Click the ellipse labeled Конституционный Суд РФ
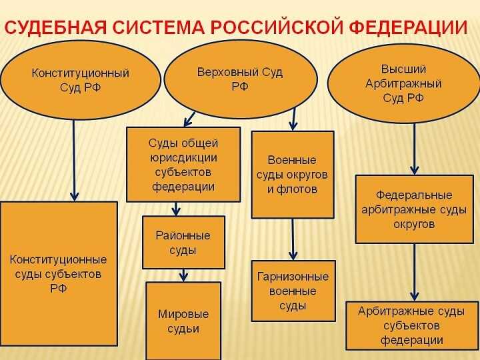point(80,80)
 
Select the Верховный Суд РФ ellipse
point(240,79)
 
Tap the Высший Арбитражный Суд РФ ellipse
point(403,83)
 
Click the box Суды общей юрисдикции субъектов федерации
point(183,165)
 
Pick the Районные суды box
point(183,243)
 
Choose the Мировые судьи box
point(183,321)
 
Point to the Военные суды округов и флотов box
point(292,175)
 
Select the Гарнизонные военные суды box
point(293,291)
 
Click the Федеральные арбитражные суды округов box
point(414,209)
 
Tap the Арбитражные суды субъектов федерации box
point(412,326)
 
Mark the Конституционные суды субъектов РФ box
point(58,273)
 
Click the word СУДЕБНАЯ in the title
point(56,28)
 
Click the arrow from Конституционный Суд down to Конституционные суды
point(74,160)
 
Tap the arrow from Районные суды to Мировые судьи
point(183,275)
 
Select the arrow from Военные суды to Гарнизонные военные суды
point(293,239)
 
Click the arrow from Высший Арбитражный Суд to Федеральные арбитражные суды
point(415,149)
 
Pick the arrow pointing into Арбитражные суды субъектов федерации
point(415,273)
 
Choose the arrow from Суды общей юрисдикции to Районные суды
point(176,209)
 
